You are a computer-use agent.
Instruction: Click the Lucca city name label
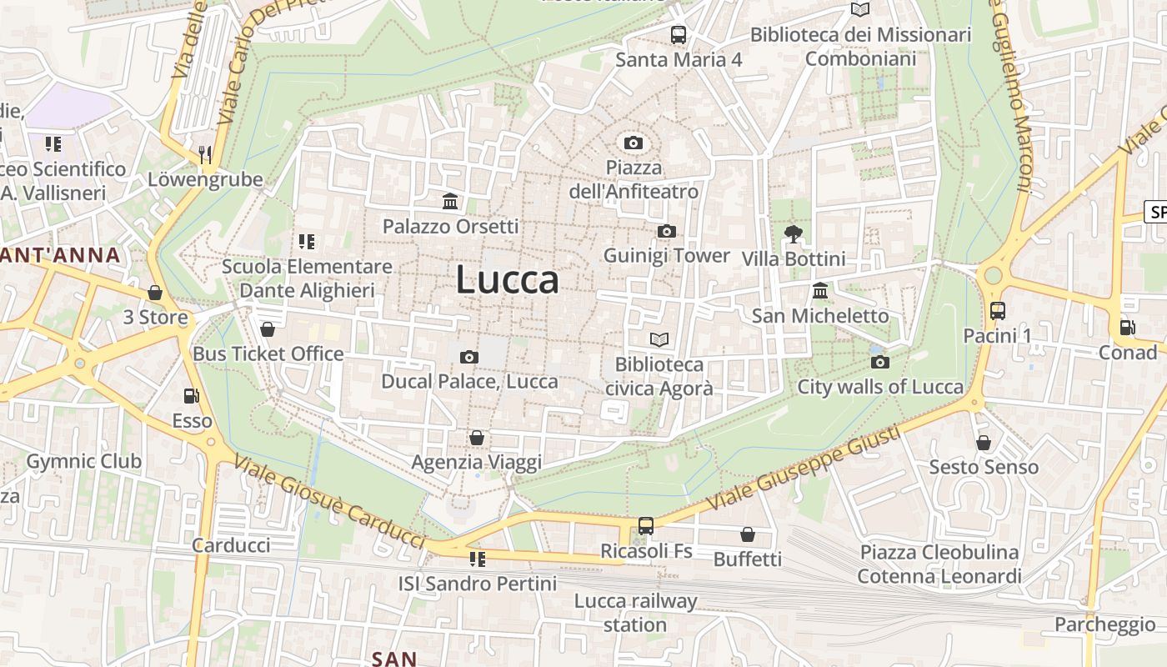[507, 280]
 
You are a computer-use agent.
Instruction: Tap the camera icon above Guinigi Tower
[666, 231]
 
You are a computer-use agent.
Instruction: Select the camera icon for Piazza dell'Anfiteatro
[634, 143]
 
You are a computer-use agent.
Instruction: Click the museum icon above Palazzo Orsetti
[450, 201]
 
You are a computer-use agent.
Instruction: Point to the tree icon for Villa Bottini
[794, 233]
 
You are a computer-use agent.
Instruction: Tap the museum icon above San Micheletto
[820, 291]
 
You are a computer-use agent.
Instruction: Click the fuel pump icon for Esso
[192, 396]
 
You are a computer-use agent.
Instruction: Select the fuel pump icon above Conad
[1127, 328]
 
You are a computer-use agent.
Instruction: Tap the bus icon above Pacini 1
[998, 311]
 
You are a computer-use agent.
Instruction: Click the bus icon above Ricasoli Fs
[646, 526]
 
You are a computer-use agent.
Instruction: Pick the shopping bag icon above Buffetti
[748, 534]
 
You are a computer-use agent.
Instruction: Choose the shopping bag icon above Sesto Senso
[984, 442]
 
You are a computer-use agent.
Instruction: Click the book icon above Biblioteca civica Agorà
[659, 339]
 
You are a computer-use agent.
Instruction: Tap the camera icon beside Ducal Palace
[469, 357]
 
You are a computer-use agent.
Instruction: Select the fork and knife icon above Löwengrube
[205, 154]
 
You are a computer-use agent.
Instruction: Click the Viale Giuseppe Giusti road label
[804, 469]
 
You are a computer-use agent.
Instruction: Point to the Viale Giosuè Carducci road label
[329, 502]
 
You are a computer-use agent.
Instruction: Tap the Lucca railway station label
[635, 613]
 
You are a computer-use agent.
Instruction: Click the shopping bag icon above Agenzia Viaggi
[477, 438]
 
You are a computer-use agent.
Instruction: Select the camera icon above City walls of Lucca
[880, 362]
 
